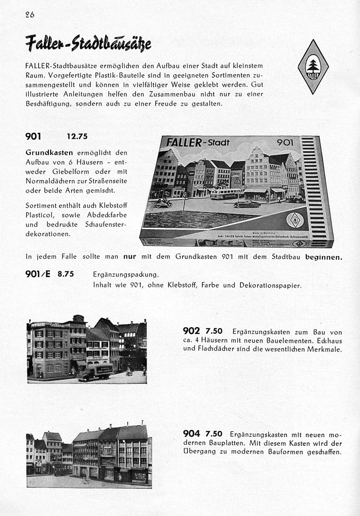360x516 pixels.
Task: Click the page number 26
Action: [x=29, y=14]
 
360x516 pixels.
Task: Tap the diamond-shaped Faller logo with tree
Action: [x=313, y=67]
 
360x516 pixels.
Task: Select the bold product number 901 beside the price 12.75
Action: [x=33, y=136]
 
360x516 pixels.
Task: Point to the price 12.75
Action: [x=77, y=137]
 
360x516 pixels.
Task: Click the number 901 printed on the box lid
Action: [x=285, y=142]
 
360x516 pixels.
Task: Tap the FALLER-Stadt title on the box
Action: [x=198, y=142]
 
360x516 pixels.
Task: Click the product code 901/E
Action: [x=38, y=274]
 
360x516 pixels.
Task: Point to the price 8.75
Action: [x=66, y=275]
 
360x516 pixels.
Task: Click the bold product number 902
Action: [x=192, y=331]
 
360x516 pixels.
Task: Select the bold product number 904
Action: [x=192, y=434]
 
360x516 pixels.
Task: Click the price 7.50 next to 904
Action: [x=214, y=434]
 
